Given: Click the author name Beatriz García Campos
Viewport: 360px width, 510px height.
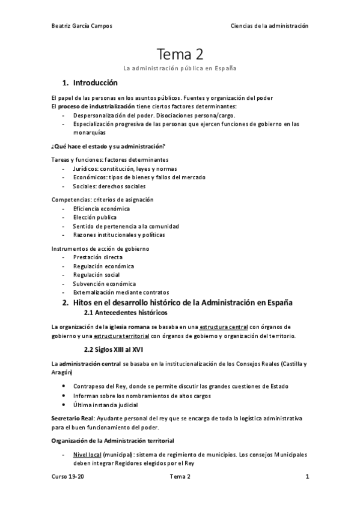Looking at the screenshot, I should coord(82,26).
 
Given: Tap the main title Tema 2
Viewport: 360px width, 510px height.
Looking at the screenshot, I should coord(180,55).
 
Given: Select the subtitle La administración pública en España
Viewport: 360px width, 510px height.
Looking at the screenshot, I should coord(180,68).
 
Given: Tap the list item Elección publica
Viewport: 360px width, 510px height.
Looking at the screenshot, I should coord(94,217).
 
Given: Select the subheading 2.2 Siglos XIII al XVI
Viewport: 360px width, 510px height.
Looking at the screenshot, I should coord(114,349).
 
